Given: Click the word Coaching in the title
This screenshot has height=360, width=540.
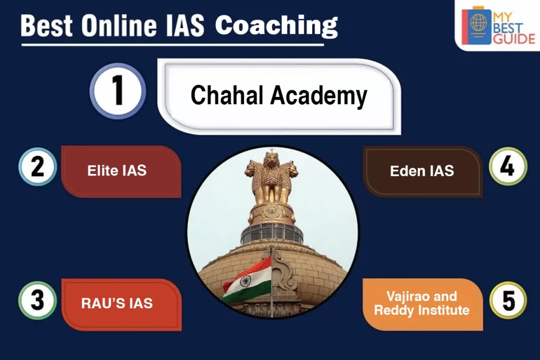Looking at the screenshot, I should coord(276,24).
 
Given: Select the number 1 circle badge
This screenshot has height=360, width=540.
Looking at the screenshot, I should coord(117,91).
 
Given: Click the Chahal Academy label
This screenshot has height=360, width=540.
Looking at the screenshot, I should coord(278,95).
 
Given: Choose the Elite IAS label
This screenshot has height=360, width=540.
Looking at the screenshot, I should coord(117,170).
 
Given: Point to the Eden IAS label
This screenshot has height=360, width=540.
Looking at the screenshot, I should coord(422,171).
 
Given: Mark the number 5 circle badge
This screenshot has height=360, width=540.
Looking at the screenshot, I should coord(508,301).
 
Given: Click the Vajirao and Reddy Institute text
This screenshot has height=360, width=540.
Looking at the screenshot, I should coord(421,303).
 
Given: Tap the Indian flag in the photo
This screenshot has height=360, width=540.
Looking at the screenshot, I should coord(246,280).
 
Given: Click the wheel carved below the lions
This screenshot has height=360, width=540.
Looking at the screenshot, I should coord(272,211).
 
